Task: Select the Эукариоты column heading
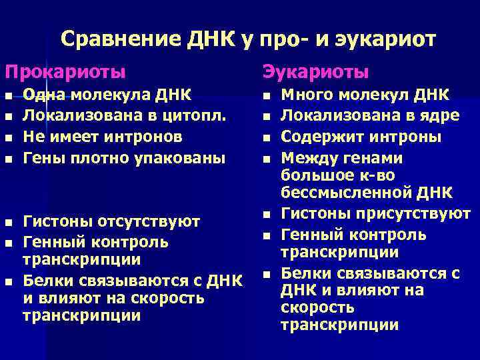(x=315, y=71)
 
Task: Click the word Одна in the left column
(x=42, y=95)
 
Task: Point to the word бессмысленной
(x=335, y=193)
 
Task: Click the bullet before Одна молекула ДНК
(x=8, y=96)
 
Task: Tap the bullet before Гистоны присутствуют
(x=265, y=215)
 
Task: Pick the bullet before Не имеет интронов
(x=8, y=138)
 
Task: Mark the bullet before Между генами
(x=265, y=159)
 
